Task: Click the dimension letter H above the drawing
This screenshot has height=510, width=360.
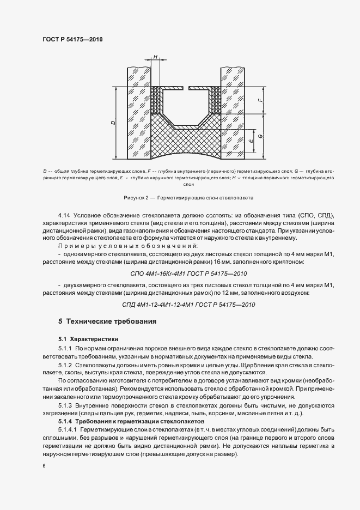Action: coord(155,57)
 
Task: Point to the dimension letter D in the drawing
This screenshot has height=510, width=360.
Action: coord(112,123)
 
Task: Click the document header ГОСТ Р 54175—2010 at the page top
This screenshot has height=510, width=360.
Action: coord(72,40)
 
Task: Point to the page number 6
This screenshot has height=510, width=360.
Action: coord(43,466)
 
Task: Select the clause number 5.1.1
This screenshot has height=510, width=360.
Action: coord(65,348)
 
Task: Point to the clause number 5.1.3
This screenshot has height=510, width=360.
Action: coord(65,405)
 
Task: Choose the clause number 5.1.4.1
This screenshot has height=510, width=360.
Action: coord(68,430)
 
